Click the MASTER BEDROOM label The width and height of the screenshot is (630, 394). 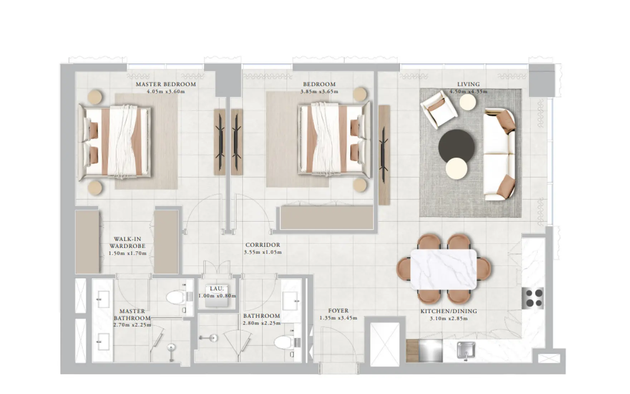click(x=166, y=85)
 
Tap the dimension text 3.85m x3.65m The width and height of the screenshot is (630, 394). click(x=319, y=92)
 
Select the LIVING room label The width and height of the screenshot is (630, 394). click(x=468, y=85)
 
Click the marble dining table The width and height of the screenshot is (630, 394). click(x=444, y=269)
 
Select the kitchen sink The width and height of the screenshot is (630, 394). click(x=466, y=350)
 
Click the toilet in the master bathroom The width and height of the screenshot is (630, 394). click(x=176, y=297)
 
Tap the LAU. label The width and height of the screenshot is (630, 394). click(x=217, y=289)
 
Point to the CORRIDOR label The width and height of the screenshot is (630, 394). click(x=263, y=245)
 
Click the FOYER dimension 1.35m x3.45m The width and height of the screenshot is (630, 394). click(x=338, y=318)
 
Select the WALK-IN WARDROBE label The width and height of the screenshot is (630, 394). click(x=127, y=242)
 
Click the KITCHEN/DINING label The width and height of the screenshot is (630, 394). click(x=449, y=311)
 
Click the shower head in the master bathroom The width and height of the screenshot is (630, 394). click(x=172, y=347)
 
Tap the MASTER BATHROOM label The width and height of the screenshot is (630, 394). click(x=132, y=314)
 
